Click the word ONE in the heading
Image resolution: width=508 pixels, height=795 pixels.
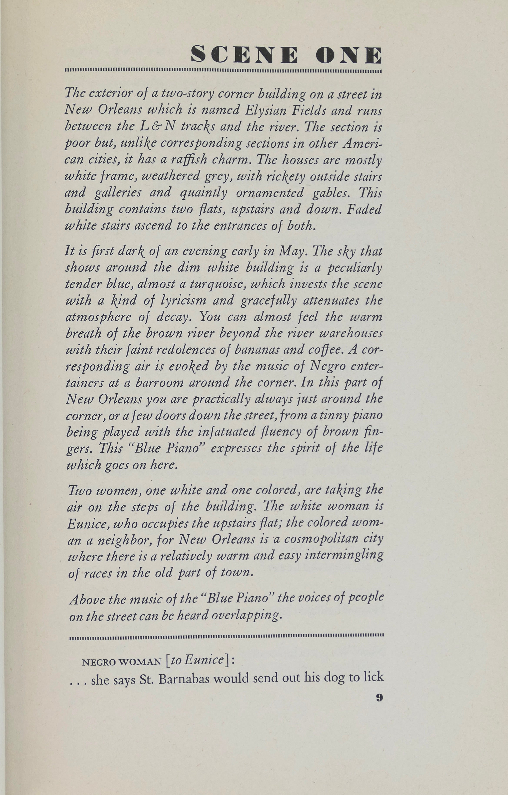(349, 55)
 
